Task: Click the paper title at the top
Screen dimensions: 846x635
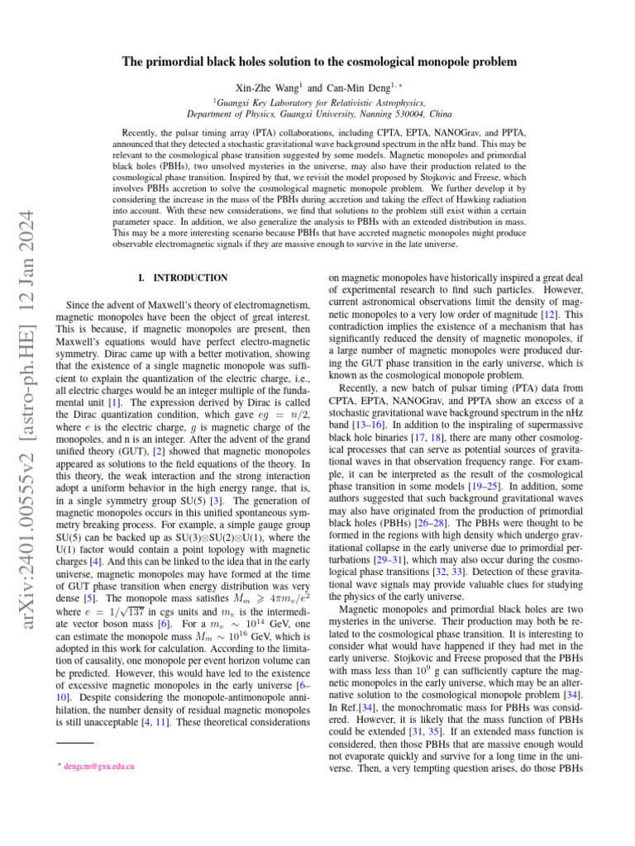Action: point(317,62)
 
